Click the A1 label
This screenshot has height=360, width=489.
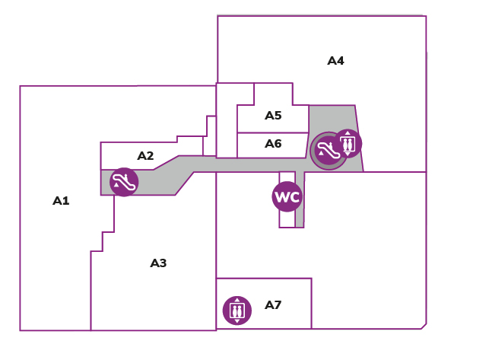coord(61,201)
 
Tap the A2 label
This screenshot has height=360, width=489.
coord(145,156)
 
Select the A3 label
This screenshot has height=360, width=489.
coord(158,263)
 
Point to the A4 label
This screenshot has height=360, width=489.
coord(335,61)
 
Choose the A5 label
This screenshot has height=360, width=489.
coord(273,116)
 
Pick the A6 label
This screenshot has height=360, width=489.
coord(273,144)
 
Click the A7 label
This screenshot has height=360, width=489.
coord(273,304)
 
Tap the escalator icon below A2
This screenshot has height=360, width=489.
coord(124,182)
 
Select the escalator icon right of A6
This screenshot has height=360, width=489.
coord(328,151)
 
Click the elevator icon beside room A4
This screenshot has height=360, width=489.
coord(348,143)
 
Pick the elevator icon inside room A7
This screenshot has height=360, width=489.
coord(237,311)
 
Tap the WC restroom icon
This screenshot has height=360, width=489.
coord(287,196)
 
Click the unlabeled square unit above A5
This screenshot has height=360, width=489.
coord(273,94)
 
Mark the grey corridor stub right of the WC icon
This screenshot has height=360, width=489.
coord(300,199)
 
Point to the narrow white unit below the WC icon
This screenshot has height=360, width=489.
coord(287,219)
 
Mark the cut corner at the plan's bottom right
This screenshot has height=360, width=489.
coord(424,327)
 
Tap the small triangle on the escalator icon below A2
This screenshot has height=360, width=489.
coord(116,184)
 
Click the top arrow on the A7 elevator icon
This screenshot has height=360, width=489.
coord(237,300)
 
